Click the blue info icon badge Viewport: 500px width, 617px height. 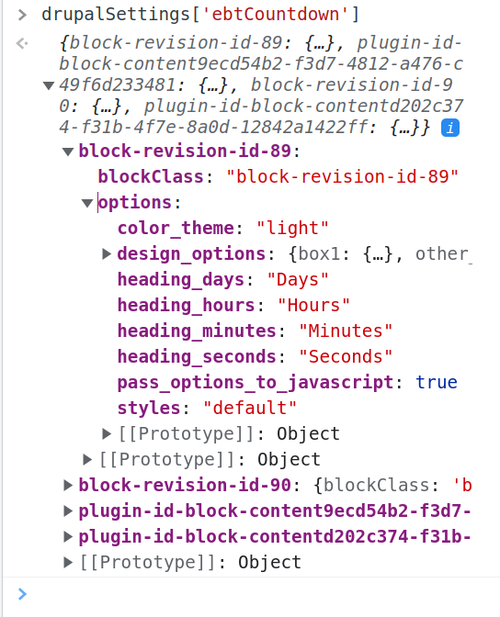coord(450,128)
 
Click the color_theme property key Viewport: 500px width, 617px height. coord(176,228)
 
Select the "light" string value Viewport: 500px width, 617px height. coord(292,228)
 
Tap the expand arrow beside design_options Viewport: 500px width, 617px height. coord(106,253)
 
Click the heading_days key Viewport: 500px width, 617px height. coord(181,279)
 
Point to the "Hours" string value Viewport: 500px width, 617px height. coord(313,305)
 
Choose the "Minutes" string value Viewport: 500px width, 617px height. coord(346,331)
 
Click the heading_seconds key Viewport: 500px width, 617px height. coord(197,356)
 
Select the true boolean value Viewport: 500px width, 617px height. coord(437,382)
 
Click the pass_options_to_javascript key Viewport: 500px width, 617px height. coord(256,382)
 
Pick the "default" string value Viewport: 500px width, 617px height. coord(250,408)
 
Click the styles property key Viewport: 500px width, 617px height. coord(149,408)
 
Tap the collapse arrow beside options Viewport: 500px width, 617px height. coord(87,203)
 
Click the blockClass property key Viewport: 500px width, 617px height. coord(151,176)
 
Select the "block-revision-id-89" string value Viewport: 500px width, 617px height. coord(343,176)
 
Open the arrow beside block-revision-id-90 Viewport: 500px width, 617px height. coord(68,485)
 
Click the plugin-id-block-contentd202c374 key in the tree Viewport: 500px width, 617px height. coord(275,536)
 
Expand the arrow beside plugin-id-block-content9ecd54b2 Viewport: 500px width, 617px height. coord(68,510)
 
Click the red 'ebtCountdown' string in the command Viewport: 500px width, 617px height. coord(275,14)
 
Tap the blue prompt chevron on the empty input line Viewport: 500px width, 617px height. coord(22,594)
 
